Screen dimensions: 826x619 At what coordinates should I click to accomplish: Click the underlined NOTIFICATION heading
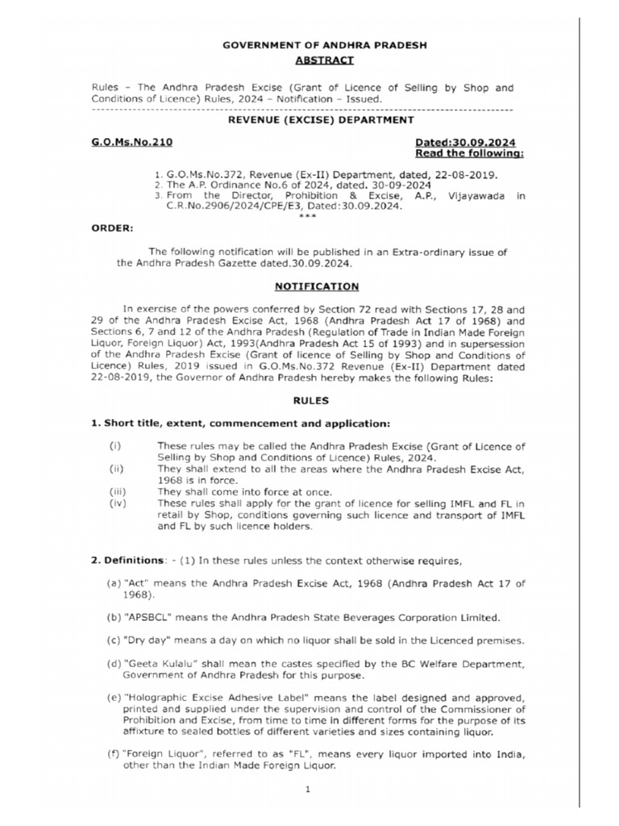(317, 286)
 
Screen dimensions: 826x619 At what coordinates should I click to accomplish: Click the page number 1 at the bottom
(308, 790)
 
